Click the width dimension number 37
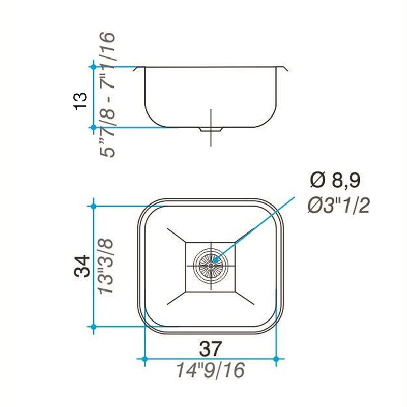[x=211, y=349]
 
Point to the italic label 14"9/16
[x=211, y=370]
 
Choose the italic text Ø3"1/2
[x=338, y=206]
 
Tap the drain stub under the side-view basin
[x=211, y=130]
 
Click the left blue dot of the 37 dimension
[x=144, y=359]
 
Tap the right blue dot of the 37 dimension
[x=276, y=359]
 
